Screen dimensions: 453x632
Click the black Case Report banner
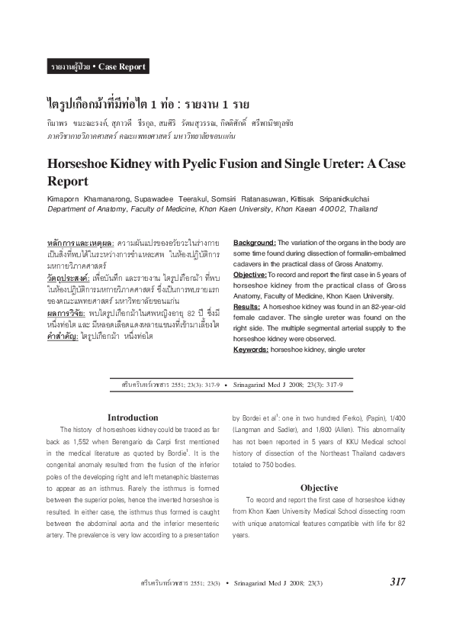[97, 66]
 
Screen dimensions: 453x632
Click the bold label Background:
[255, 243]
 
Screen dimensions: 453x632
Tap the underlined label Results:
[249, 306]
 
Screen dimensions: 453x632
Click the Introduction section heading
[133, 418]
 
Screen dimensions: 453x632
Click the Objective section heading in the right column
[319, 466]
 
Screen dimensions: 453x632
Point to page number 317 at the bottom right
[397, 582]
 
